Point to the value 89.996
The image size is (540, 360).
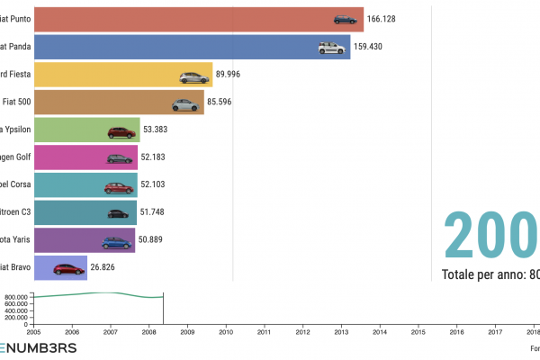(231, 76)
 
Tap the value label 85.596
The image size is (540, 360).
(223, 103)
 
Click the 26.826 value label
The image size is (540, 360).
(106, 268)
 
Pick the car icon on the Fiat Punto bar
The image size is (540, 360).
(346, 20)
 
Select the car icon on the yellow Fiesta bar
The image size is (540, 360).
(193, 77)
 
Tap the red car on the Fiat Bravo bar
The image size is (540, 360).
(69, 269)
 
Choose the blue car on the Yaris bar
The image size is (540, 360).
(116, 242)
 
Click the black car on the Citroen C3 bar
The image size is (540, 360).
(119, 214)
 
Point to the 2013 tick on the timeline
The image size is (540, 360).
(341, 332)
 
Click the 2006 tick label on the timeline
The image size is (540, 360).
(72, 332)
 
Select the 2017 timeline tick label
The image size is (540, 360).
(495, 332)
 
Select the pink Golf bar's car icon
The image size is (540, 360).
(120, 159)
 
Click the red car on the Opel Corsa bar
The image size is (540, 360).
(118, 187)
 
